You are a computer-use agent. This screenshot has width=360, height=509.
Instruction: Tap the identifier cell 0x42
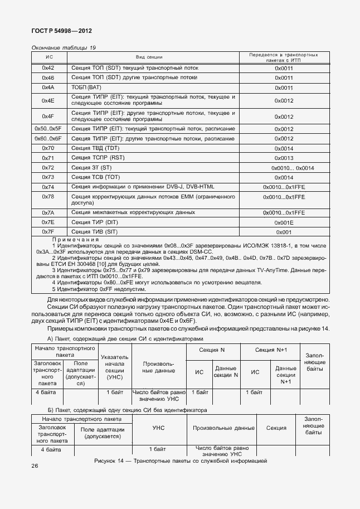tap(48, 67)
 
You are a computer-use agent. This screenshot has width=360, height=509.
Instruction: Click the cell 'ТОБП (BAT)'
tap(86, 88)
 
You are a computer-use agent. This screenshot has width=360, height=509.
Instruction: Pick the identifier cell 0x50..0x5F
tap(48, 128)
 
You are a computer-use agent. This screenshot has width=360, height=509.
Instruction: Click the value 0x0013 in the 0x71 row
tap(284, 158)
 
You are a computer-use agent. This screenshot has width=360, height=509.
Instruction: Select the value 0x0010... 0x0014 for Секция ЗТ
tap(292, 168)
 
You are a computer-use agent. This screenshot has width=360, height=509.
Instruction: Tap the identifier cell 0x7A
tap(48, 212)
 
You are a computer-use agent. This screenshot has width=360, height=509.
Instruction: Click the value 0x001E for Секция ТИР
tap(284, 222)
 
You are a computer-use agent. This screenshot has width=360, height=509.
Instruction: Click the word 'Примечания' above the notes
tap(75, 239)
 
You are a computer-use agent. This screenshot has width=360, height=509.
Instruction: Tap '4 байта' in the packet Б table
tap(50, 449)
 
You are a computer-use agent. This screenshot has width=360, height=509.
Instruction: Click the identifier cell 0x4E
tap(48, 100)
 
